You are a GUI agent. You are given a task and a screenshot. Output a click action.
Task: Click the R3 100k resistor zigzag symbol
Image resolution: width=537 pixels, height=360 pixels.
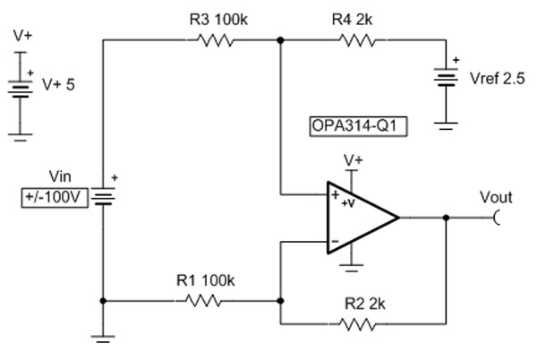[216, 40]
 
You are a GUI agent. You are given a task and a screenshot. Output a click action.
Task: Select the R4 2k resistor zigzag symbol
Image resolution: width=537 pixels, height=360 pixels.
[357, 40]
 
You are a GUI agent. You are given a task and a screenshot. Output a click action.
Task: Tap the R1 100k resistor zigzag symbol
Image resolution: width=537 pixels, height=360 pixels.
[203, 301]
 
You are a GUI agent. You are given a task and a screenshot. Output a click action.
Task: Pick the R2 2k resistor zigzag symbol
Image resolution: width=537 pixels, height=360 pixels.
[357, 324]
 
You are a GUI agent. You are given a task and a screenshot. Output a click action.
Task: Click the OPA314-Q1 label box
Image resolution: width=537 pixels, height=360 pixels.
[358, 126]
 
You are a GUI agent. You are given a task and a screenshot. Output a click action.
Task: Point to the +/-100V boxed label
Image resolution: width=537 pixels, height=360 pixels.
[55, 198]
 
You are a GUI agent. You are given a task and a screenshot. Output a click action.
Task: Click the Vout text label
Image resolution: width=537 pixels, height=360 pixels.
[496, 198]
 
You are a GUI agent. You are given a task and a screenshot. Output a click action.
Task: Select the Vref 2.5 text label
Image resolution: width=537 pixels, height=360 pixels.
[498, 79]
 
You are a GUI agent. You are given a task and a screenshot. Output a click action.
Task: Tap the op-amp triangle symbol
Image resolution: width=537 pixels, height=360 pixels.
[363, 218]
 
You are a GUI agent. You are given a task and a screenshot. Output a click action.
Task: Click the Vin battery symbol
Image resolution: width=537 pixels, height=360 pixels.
[103, 196]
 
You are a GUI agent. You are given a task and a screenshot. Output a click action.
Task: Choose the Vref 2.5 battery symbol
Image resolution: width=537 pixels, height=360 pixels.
[446, 77]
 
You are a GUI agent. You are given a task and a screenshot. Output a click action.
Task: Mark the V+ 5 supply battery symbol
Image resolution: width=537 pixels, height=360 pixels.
[21, 90]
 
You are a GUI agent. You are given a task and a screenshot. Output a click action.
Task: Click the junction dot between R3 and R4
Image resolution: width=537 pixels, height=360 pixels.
[280, 40]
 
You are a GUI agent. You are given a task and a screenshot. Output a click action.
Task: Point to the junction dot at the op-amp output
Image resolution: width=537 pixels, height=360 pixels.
[446, 218]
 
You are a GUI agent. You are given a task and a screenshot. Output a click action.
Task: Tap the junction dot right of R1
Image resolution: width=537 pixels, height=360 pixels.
[280, 301]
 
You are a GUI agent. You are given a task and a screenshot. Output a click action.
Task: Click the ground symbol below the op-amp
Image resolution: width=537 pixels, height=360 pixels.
[352, 268]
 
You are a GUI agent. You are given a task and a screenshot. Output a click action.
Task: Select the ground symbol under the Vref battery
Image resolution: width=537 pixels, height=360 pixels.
[446, 126]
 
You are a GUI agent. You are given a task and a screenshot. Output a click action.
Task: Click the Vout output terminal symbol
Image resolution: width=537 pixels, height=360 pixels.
[496, 218]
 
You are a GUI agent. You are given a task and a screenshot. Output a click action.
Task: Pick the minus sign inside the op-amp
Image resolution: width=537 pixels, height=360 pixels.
[336, 242]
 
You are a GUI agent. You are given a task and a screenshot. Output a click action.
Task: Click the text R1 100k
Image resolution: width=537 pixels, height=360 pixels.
[206, 280]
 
